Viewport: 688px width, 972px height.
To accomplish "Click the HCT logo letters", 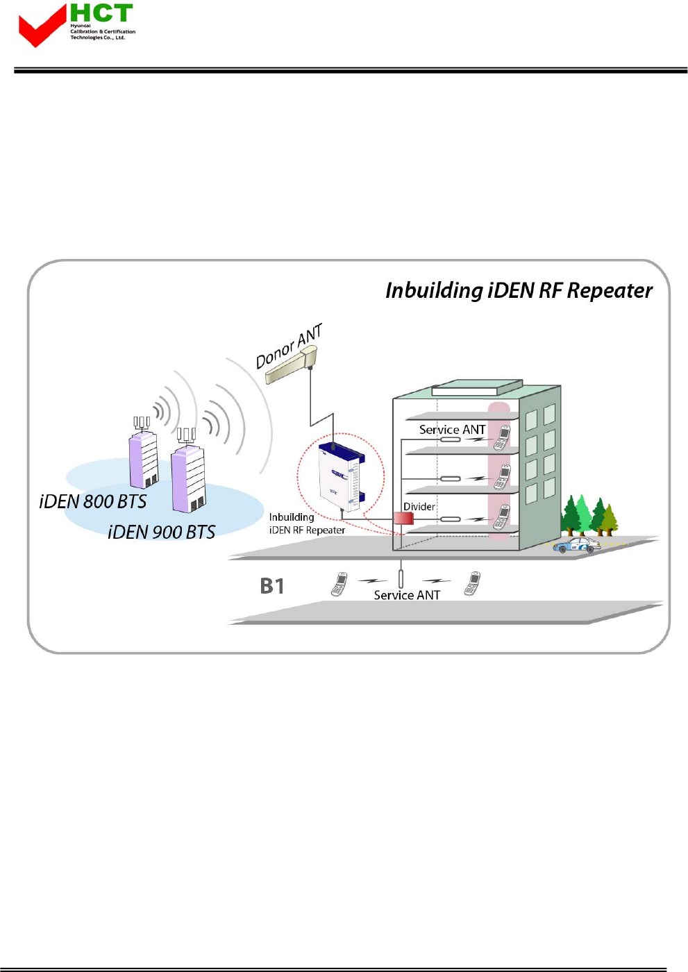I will pos(101,13).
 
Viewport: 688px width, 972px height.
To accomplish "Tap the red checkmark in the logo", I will pos(41,28).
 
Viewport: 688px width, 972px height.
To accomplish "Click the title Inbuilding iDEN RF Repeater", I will pos(519,290).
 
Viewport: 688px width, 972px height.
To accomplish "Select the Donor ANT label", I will pos(289,346).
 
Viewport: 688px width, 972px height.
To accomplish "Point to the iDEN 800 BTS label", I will pos(93,501).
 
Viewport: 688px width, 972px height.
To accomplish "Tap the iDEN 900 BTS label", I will pos(162,532).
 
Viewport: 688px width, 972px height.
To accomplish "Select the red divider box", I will pos(403,518).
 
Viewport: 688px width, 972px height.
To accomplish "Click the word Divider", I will pos(419,506).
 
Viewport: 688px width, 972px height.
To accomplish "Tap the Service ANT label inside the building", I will pos(452,430).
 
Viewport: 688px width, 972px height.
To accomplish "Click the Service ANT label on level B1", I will pos(407,595).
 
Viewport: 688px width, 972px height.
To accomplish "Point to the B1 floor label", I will pos(272,586).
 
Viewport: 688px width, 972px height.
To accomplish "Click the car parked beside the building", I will pos(577,545).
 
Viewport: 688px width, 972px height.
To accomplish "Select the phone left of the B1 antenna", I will pos(339,584).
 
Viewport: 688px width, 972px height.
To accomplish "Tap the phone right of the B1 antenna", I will pos(473,583).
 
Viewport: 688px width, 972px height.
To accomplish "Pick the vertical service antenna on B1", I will pos(401,578).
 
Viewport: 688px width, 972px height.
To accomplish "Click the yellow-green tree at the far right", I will pos(609,519).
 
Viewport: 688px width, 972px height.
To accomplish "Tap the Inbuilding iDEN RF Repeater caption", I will pos(307,523).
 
